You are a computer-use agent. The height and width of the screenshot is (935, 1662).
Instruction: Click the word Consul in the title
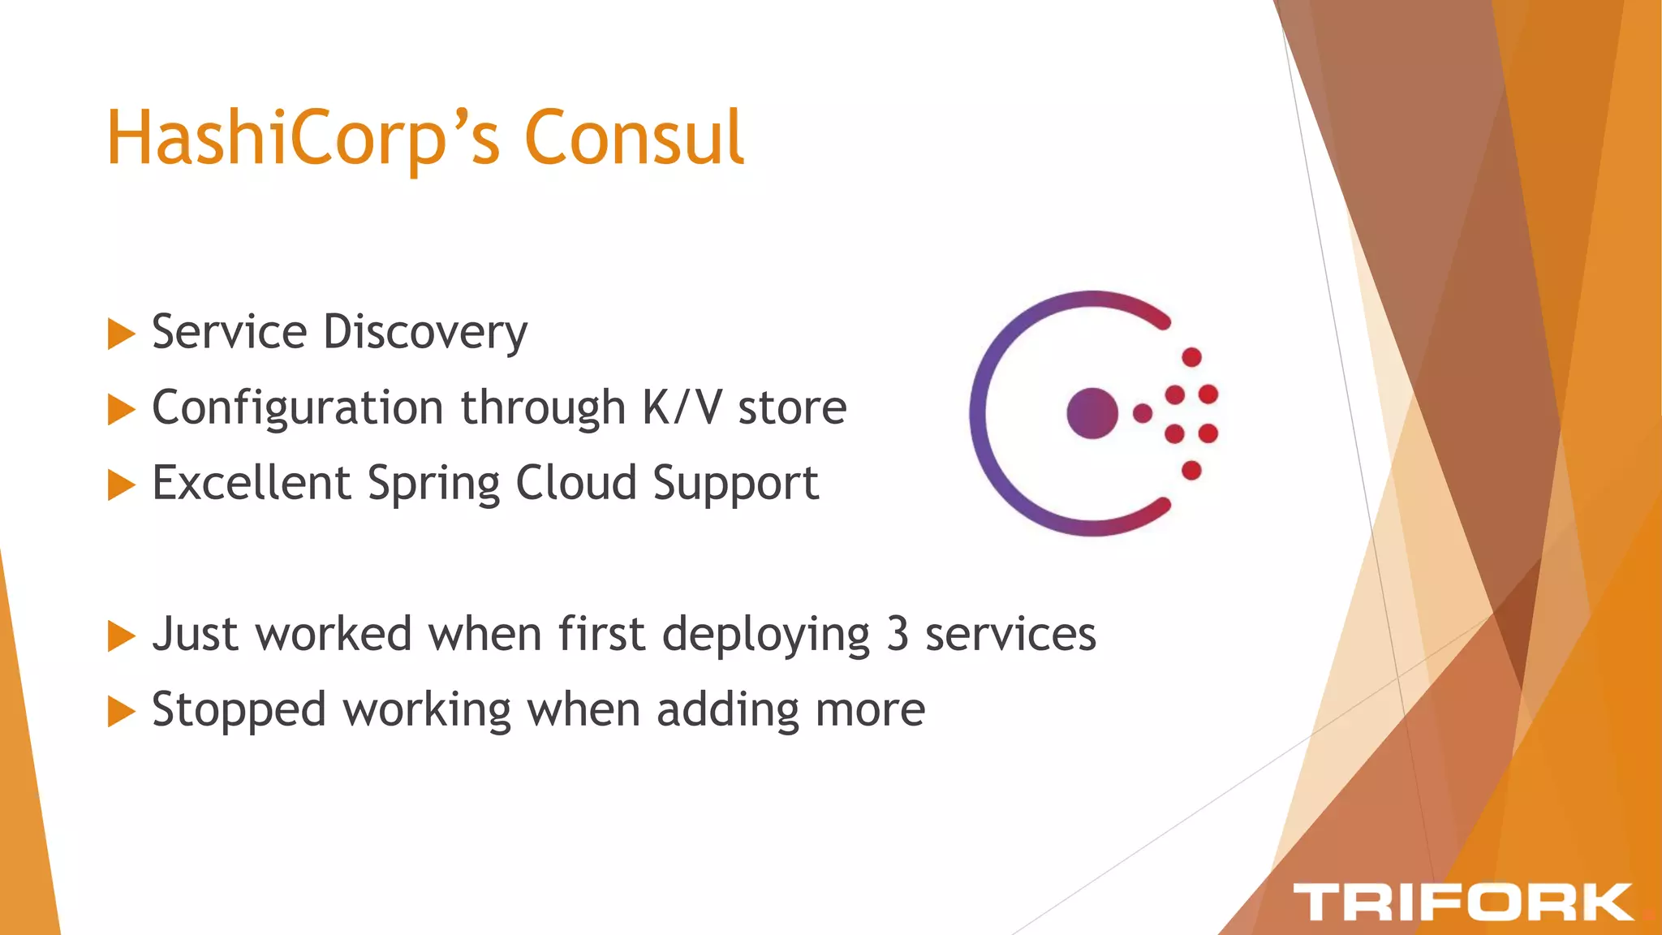[x=634, y=138]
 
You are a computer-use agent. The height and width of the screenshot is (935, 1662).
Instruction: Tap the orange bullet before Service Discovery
[x=121, y=334]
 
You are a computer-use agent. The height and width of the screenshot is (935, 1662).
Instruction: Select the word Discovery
[x=425, y=333]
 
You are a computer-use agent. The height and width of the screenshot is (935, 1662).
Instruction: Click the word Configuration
[x=297, y=408]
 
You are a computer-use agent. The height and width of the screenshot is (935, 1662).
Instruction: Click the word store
[x=792, y=408]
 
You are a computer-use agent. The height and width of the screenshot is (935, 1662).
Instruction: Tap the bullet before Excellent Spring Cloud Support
[x=121, y=485]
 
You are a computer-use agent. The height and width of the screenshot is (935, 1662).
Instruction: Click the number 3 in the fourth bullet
[x=897, y=634]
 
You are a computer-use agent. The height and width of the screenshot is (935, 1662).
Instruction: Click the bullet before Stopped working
[x=121, y=712]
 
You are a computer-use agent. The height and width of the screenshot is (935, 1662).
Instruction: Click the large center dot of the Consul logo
[x=1092, y=413]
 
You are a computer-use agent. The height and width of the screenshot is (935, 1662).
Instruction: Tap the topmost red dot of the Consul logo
[x=1191, y=357]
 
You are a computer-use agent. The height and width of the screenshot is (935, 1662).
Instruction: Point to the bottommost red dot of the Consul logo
[x=1191, y=470]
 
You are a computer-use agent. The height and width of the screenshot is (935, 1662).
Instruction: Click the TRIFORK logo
[x=1462, y=902]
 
